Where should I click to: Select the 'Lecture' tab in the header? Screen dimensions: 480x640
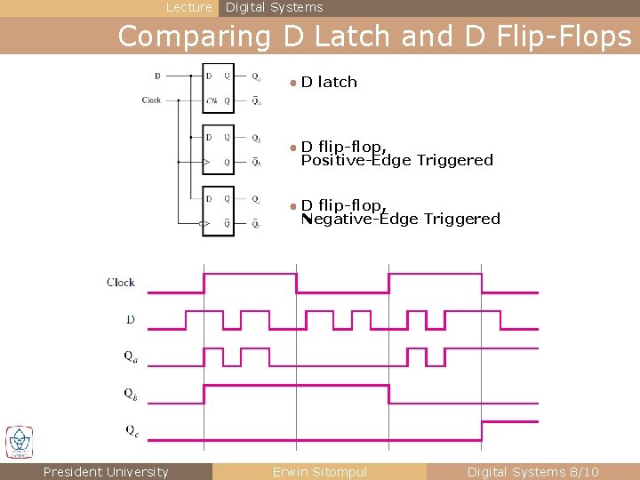189,7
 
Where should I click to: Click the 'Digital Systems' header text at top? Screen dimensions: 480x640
275,7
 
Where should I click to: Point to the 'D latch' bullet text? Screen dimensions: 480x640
329,82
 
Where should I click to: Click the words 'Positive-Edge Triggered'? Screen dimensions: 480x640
396,160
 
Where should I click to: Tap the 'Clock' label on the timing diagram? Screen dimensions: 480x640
121,283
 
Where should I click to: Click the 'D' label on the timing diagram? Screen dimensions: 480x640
130,318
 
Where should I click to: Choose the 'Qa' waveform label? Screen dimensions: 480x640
131,356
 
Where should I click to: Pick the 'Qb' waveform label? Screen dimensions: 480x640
131,393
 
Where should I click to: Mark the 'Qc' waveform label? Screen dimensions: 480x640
131,430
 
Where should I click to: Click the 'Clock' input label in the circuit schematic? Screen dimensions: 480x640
151,100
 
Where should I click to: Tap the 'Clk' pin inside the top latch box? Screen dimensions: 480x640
212,100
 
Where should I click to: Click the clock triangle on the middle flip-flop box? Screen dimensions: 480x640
207,163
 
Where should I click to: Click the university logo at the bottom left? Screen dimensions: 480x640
19,442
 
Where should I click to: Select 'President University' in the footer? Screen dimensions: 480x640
106,472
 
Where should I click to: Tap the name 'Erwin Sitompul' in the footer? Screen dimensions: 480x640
320,472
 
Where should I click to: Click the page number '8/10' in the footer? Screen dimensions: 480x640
583,472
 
